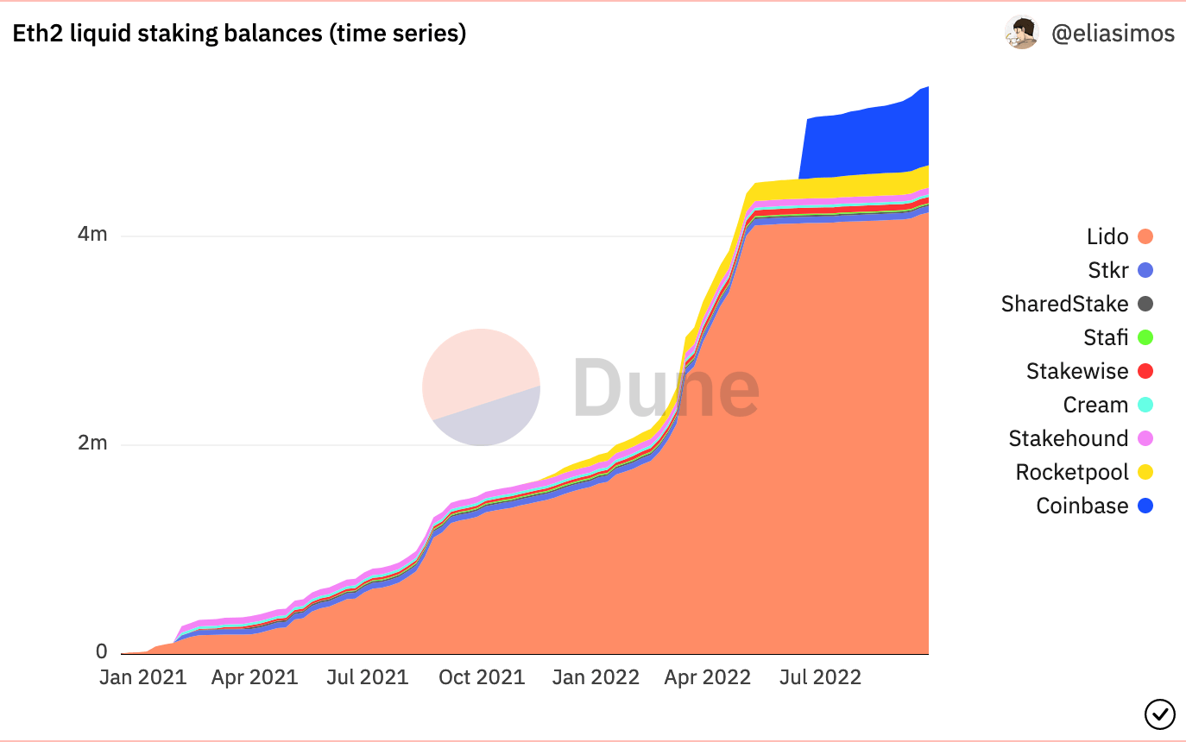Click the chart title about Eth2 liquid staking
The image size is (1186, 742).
pyautogui.click(x=239, y=34)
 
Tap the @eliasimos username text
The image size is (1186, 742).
pyautogui.click(x=1113, y=34)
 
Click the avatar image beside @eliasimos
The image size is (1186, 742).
pyautogui.click(x=1021, y=33)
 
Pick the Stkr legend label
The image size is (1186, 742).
pyautogui.click(x=1108, y=270)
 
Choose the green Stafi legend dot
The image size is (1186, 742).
pyautogui.click(x=1145, y=337)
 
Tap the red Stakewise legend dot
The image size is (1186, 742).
pyautogui.click(x=1145, y=371)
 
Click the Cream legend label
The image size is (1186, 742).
pyautogui.click(x=1095, y=405)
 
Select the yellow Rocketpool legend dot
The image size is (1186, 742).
pyautogui.click(x=1145, y=472)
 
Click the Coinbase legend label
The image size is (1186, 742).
pyautogui.click(x=1082, y=506)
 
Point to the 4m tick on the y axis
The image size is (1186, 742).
pyautogui.click(x=92, y=235)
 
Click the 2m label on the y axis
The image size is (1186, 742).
pyautogui.click(x=92, y=443)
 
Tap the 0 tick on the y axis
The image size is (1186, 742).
pyautogui.click(x=102, y=652)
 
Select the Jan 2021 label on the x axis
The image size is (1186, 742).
pyautogui.click(x=142, y=677)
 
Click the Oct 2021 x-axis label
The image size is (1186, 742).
pyautogui.click(x=481, y=677)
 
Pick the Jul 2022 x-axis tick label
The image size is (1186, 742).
pyautogui.click(x=819, y=677)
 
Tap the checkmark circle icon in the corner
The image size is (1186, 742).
pyautogui.click(x=1159, y=714)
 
